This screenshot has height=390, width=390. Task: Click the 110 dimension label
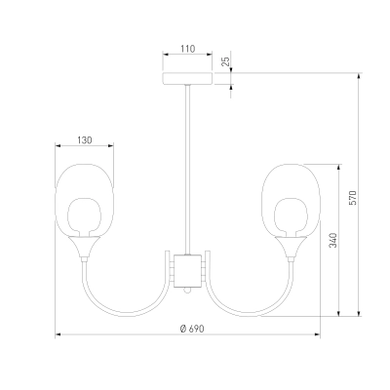(x=188, y=49)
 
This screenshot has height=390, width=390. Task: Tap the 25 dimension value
(x=225, y=61)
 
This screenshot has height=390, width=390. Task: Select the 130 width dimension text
(x=85, y=140)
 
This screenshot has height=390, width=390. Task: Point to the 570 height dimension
(x=353, y=198)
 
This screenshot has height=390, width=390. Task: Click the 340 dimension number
(x=333, y=240)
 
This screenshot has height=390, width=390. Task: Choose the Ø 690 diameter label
(x=192, y=329)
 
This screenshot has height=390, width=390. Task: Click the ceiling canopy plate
(x=187, y=78)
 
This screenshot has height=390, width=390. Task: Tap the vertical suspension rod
(x=187, y=170)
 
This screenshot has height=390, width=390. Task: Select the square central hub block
(x=187, y=271)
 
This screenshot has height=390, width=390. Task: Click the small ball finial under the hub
(x=187, y=291)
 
